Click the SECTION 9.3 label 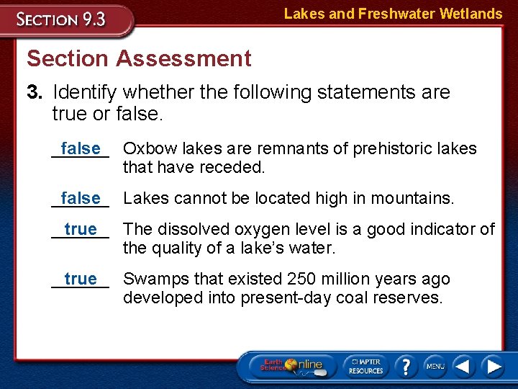pyautogui.click(x=62, y=19)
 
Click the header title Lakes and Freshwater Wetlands pyautogui.click(x=393, y=14)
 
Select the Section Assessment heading pyautogui.click(x=139, y=58)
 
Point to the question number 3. pyautogui.click(x=35, y=92)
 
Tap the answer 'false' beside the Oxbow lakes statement pyautogui.click(x=81, y=149)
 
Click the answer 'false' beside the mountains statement pyautogui.click(x=81, y=198)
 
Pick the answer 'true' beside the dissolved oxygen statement pyautogui.click(x=81, y=230)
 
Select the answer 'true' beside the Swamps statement pyautogui.click(x=81, y=279)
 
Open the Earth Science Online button pyautogui.click(x=291, y=366)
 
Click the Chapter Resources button pyautogui.click(x=365, y=366)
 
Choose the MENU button pyautogui.click(x=435, y=366)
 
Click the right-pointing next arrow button pyautogui.click(x=494, y=366)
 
